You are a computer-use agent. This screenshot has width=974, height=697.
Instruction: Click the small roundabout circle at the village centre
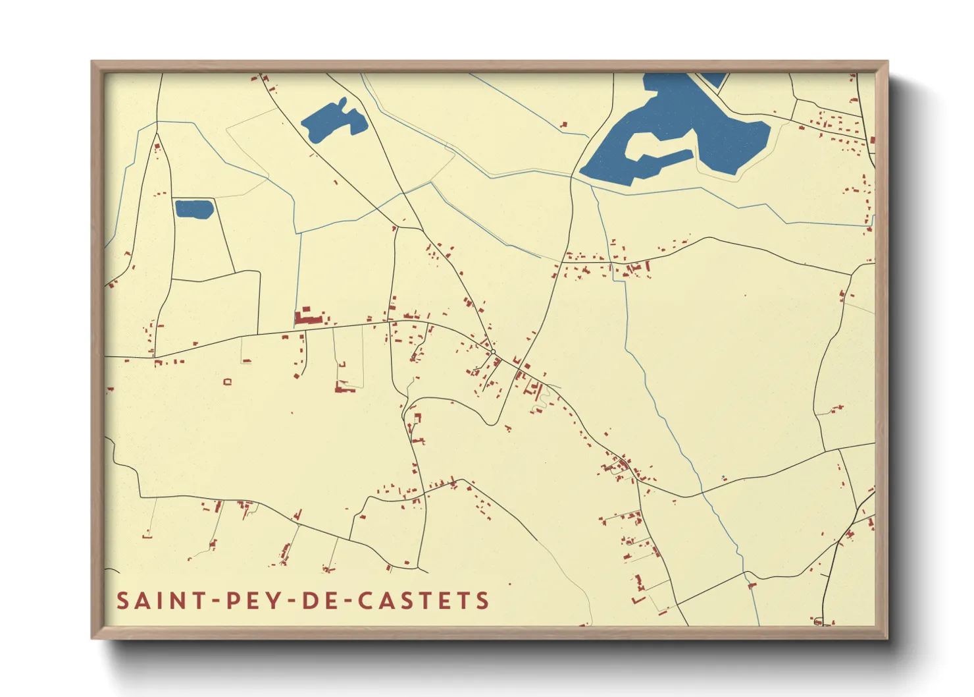tap(492, 352)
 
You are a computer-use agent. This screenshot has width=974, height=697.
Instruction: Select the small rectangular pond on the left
tap(194, 209)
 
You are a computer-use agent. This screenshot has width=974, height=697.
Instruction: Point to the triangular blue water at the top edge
tap(715, 79)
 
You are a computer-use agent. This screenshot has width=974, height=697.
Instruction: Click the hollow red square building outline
tap(228, 381)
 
